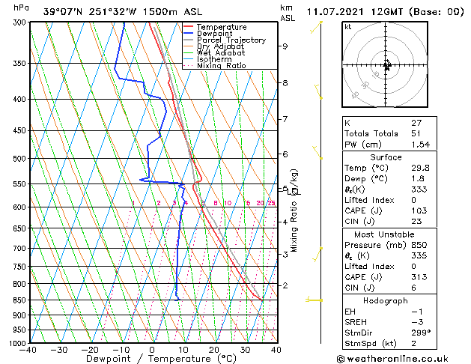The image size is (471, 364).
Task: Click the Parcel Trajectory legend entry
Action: pos(231,40)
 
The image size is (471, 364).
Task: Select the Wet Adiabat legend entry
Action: pos(221,52)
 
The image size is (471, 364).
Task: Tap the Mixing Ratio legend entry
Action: pos(221,65)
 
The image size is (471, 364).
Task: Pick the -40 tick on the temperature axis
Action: pos(28,350)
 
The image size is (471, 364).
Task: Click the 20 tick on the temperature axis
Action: pos(213,350)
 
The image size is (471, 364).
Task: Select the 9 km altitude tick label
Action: pos(285,46)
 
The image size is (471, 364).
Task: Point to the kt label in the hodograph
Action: pos(347,26)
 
